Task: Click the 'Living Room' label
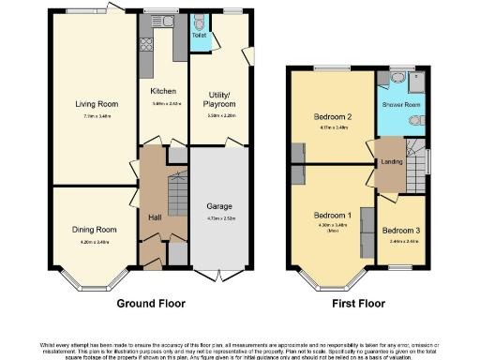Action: point(92,104)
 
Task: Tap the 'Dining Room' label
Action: point(95,230)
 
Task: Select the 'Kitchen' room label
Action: point(164,91)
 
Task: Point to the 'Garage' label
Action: point(219,205)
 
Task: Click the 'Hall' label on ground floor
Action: point(156,218)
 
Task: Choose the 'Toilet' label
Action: point(199,36)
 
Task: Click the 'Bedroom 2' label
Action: point(332,117)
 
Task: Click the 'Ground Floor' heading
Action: point(151,304)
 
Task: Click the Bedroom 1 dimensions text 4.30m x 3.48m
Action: point(332,224)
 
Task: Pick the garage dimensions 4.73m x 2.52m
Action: point(219,217)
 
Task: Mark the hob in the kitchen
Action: point(146,43)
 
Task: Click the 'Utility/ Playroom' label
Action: point(219,99)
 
